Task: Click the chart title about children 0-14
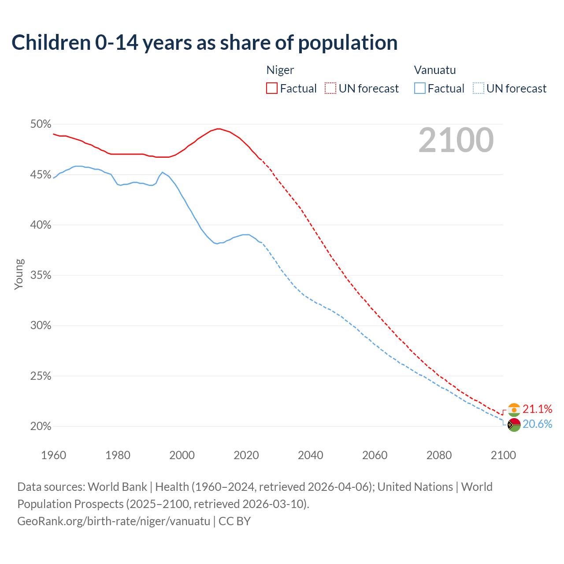click(x=204, y=43)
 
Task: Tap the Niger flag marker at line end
click(x=514, y=410)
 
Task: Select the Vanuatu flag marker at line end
click(x=514, y=425)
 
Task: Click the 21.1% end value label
click(x=538, y=409)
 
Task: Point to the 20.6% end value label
click(x=538, y=424)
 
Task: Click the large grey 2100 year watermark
click(x=456, y=140)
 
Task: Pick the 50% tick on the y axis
click(x=41, y=124)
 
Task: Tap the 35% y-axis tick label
click(x=41, y=275)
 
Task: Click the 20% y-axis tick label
click(x=41, y=427)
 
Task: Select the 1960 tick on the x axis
click(x=53, y=455)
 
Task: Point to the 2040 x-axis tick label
click(x=310, y=455)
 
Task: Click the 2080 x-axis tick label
click(x=439, y=455)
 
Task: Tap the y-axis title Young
click(x=19, y=274)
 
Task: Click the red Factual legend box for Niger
click(x=272, y=89)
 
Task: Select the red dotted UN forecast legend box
click(x=330, y=89)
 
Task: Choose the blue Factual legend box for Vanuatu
click(x=420, y=89)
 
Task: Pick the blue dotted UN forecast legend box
click(x=478, y=89)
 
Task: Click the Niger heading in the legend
click(x=280, y=70)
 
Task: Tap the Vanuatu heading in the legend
click(x=435, y=70)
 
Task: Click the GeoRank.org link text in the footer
click(x=114, y=521)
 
